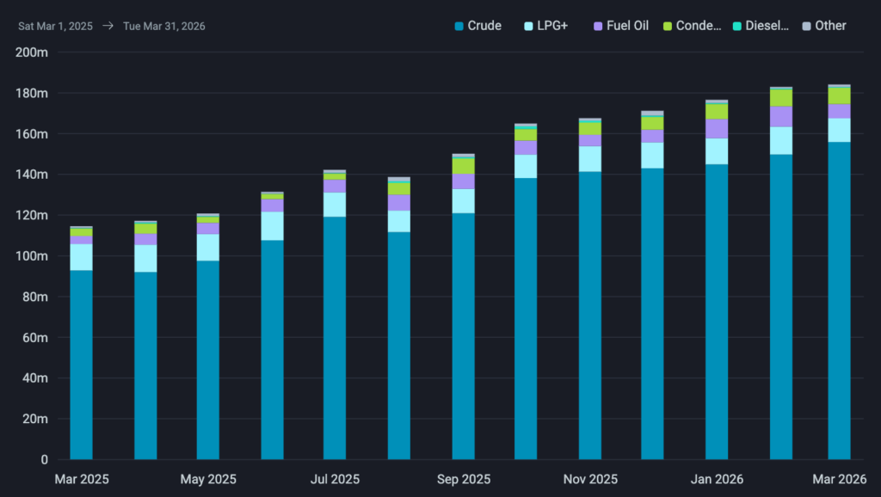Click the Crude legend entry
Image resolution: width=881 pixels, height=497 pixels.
(x=477, y=26)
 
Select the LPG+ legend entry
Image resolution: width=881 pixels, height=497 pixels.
(x=544, y=26)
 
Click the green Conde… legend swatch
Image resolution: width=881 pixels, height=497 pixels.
(x=666, y=26)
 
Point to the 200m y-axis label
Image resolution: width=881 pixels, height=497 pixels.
(x=31, y=52)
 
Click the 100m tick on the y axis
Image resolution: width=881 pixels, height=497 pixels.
(x=31, y=256)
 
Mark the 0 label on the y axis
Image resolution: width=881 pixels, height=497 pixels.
(x=43, y=460)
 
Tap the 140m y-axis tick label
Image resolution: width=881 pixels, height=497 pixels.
(x=31, y=175)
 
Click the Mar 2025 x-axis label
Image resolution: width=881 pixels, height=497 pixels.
(x=82, y=479)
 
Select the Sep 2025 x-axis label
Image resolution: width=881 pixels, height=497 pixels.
(x=463, y=479)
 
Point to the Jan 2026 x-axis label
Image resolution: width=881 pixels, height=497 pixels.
(x=717, y=479)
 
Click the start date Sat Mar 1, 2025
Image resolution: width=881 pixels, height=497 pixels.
(x=55, y=26)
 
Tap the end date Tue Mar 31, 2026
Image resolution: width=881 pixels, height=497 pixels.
(x=163, y=26)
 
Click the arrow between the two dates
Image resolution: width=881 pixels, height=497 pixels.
(x=108, y=26)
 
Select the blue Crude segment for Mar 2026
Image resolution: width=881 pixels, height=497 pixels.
(x=839, y=301)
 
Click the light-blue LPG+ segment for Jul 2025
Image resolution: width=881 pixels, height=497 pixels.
(x=335, y=205)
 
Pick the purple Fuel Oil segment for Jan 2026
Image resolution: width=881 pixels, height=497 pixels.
(x=717, y=128)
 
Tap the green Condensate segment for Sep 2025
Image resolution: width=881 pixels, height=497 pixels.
(x=463, y=165)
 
